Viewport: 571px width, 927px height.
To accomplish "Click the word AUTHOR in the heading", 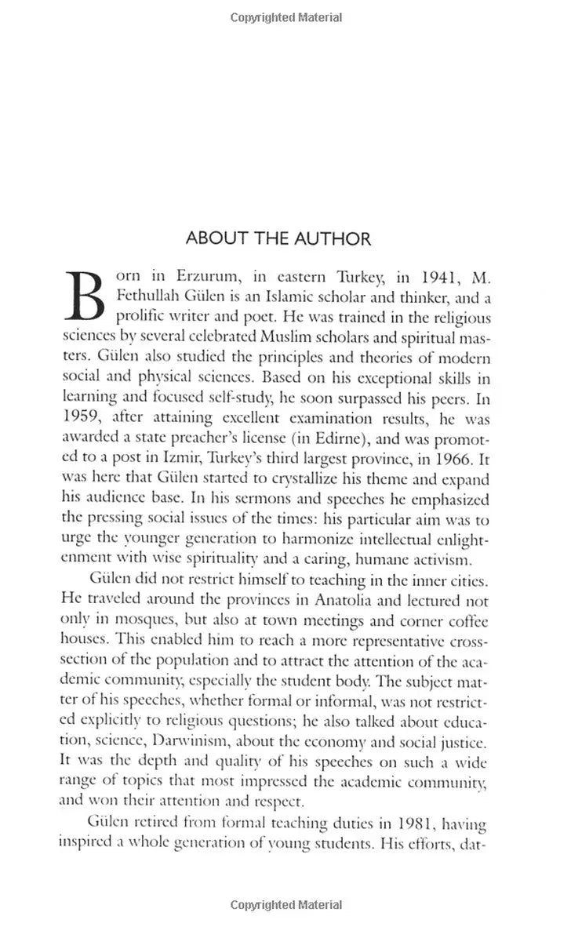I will [x=328, y=238].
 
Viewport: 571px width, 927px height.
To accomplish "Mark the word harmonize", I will [x=329, y=542].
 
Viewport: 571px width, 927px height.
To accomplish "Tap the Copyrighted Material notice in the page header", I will [x=285, y=17].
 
